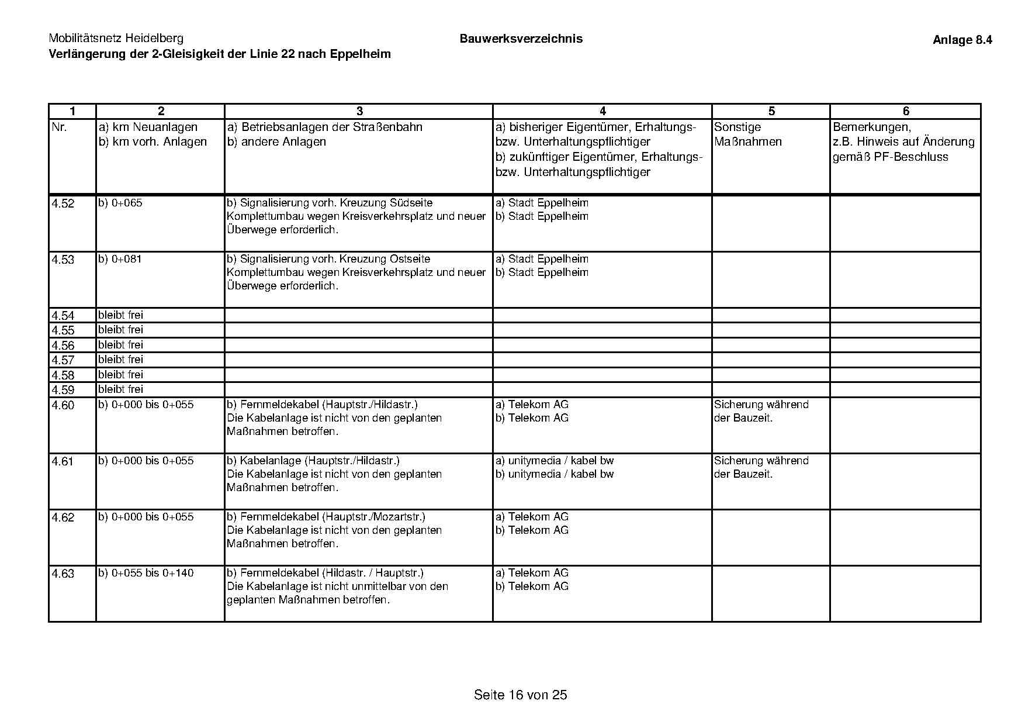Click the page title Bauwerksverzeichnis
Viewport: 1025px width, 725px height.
tap(521, 39)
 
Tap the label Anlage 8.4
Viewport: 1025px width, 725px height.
tap(962, 40)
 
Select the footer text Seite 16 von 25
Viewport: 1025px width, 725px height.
tap(520, 695)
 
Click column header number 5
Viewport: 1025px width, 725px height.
tap(771, 111)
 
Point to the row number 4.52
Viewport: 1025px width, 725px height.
tap(63, 203)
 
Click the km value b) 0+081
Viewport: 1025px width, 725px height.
tap(120, 259)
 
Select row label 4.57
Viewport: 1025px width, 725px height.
tap(63, 360)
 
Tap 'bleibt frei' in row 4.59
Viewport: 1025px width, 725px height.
tap(120, 389)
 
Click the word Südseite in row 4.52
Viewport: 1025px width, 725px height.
tap(411, 203)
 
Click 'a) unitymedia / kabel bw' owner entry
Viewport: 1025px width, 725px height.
tap(555, 461)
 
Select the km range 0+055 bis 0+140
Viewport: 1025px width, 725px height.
tap(153, 573)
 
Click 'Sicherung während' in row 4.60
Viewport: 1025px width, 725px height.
tap(761, 405)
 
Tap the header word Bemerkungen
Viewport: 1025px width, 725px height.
tap(871, 127)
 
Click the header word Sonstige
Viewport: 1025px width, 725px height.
tap(737, 127)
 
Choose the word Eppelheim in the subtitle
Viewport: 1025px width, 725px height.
tap(360, 54)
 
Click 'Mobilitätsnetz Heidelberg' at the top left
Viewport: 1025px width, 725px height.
tap(116, 39)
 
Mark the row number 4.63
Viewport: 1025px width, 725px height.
tap(63, 574)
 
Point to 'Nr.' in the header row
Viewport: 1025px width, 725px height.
tap(60, 127)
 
